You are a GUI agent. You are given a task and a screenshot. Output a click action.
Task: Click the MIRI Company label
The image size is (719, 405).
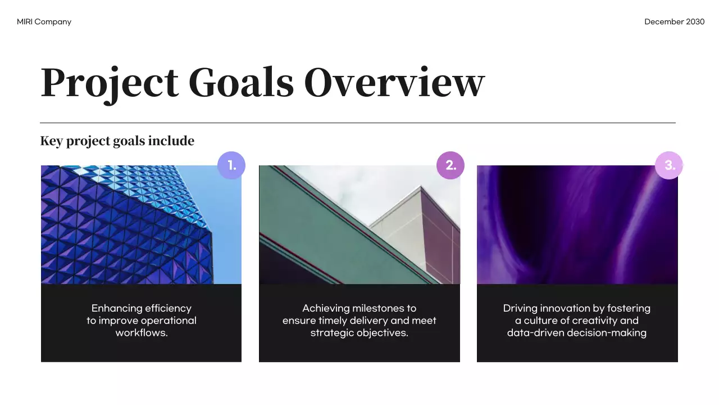[44, 22]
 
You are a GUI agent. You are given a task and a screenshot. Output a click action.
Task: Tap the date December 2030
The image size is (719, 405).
[674, 22]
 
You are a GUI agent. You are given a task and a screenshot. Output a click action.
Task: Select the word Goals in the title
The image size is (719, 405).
[241, 83]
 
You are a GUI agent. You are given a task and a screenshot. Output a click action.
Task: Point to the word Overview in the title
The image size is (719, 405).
[394, 83]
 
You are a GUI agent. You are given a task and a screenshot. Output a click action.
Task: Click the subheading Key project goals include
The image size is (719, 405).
[117, 141]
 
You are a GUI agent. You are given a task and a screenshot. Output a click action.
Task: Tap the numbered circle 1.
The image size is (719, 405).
[231, 165]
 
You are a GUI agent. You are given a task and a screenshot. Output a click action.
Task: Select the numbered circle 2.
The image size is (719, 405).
[450, 165]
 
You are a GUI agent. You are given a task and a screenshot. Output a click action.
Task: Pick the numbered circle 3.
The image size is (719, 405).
[669, 165]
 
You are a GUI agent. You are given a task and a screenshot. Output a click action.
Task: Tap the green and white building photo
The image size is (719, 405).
[359, 225]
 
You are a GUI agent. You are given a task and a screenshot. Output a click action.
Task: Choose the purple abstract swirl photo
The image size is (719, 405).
[577, 225]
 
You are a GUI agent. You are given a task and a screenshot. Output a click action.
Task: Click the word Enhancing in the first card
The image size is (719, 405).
[117, 308]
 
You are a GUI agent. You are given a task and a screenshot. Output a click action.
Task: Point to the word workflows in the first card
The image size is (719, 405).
[141, 333]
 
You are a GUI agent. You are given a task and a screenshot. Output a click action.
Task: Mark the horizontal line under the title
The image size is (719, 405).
[357, 123]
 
